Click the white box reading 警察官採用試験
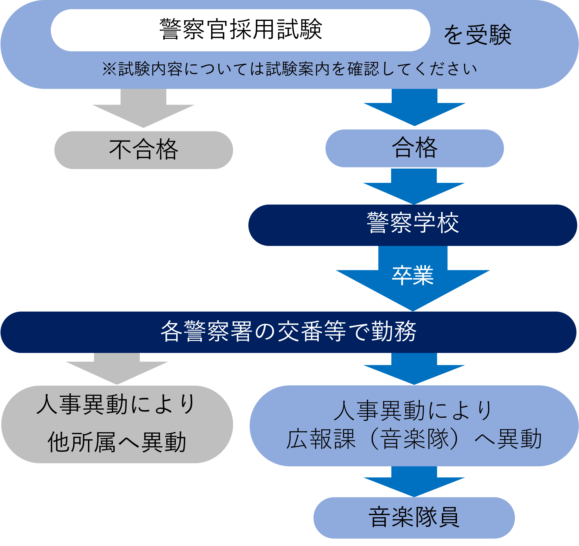[240, 30]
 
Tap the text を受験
[478, 35]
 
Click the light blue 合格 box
[414, 148]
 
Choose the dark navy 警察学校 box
[412, 225]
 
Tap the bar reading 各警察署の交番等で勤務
[288, 332]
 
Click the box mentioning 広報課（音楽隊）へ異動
[414, 426]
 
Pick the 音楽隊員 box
[414, 517]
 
